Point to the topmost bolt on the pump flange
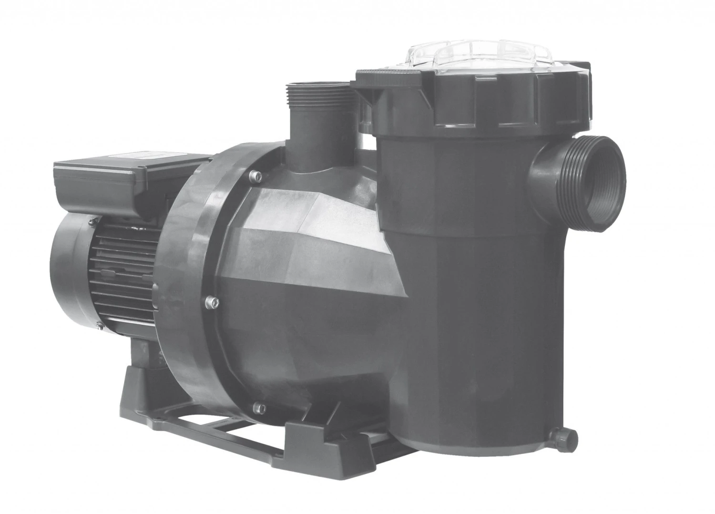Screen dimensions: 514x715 257,177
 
